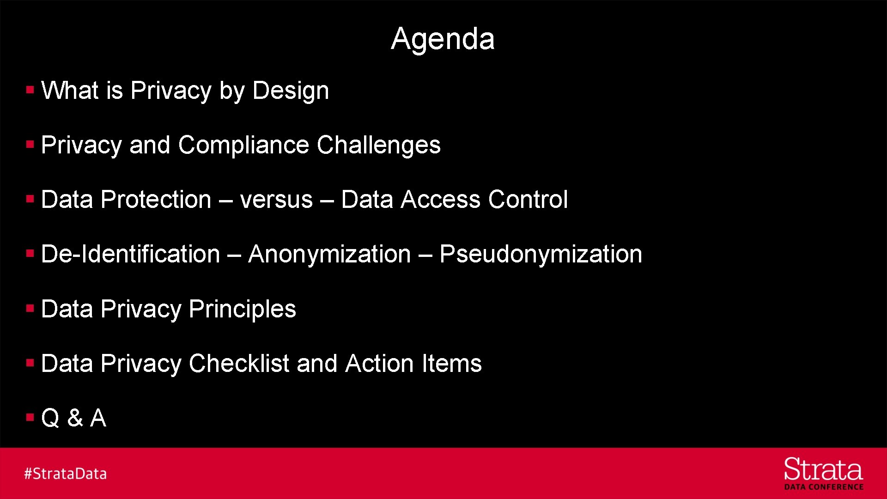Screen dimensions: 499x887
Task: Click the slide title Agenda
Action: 443,38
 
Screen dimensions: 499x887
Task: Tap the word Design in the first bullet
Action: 291,91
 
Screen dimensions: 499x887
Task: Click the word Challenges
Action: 378,145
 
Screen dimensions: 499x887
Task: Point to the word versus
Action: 276,200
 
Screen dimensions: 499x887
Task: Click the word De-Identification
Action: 130,254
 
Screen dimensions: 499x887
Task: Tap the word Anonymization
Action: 329,254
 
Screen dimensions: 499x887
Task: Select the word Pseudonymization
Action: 541,254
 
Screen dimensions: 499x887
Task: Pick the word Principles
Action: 242,309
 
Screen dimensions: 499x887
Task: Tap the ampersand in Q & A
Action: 75,418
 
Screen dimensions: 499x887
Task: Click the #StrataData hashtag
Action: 65,474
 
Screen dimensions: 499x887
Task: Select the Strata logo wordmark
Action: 823,469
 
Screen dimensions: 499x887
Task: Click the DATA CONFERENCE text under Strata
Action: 824,487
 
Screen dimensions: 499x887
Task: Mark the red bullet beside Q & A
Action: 30,418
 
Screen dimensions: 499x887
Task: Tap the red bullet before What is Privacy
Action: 30,90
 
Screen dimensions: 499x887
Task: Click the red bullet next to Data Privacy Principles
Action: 30,308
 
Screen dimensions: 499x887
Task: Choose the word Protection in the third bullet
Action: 156,200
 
